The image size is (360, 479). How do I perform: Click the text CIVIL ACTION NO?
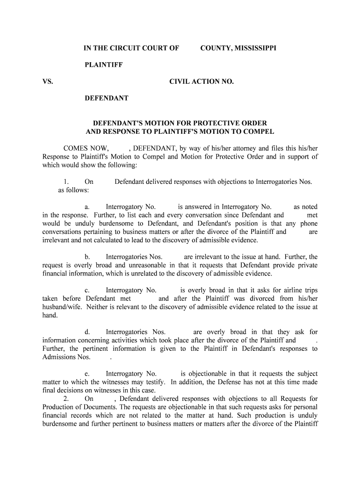coord(201,81)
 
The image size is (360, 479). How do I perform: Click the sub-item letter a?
coord(86,207)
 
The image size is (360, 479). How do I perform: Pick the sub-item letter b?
coord(87,257)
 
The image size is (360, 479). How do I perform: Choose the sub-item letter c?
coord(86,290)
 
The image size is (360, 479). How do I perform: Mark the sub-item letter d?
coord(87,332)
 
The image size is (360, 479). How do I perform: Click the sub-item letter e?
coord(86,374)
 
